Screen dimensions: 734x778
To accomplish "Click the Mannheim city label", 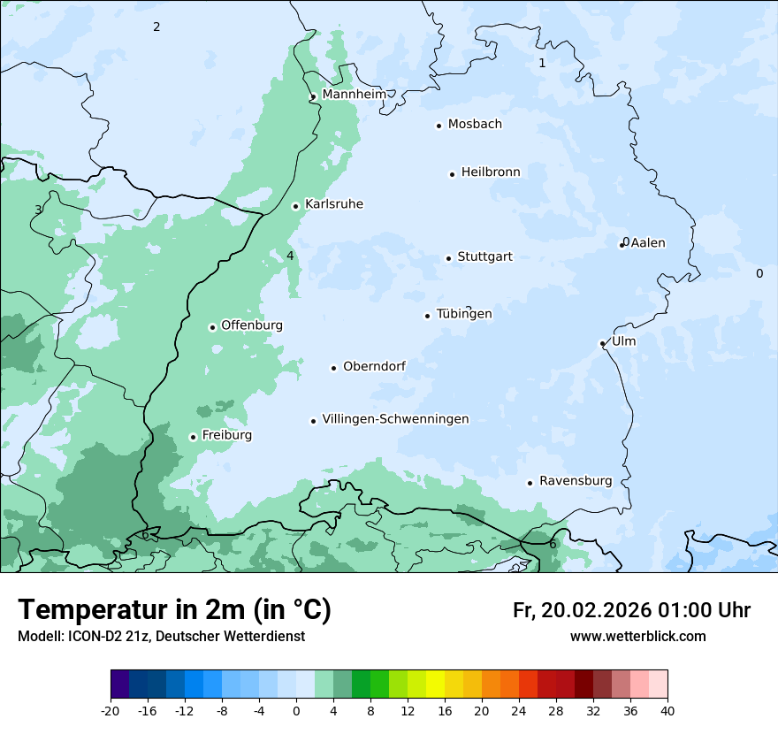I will [354, 94].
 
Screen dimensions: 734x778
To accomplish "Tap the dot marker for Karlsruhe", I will [296, 206].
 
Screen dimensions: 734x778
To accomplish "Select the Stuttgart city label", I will [484, 257].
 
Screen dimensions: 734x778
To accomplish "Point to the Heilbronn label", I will [491, 172].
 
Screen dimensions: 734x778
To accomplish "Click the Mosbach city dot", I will [439, 126].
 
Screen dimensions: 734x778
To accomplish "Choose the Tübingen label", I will [464, 314].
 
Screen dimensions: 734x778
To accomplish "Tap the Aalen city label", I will [648, 243].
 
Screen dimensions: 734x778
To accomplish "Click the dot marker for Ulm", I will [602, 343].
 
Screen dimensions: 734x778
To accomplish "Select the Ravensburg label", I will [576, 481].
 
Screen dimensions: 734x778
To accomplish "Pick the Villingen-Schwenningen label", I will [395, 419].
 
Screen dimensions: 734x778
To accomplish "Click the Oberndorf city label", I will [374, 366].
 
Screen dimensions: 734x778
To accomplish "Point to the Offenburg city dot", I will [212, 327].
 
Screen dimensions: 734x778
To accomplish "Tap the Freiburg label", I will [226, 435].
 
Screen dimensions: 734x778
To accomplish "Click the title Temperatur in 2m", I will [174, 609].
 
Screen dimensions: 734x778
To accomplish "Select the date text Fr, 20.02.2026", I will [583, 610].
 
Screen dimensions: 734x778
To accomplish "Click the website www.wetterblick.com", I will [637, 636].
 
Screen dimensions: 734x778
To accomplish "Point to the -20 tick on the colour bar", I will [111, 710].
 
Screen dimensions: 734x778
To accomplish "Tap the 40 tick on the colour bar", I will [667, 710].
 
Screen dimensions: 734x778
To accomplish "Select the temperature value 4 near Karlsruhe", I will [290, 256].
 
